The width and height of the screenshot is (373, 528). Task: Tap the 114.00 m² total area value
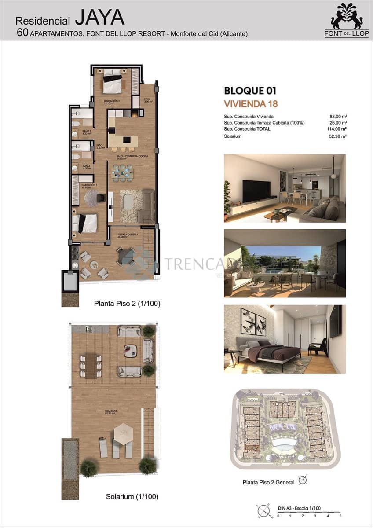[337, 129]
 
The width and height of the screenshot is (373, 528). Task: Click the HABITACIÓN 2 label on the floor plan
[112, 101]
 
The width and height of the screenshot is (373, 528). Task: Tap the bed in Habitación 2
[113, 83]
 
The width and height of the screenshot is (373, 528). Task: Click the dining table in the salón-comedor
[122, 172]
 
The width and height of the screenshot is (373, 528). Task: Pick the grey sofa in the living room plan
[147, 206]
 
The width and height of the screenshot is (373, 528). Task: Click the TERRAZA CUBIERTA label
[128, 235]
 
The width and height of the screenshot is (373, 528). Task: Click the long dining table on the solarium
[91, 366]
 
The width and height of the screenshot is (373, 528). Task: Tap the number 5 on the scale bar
[340, 515]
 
